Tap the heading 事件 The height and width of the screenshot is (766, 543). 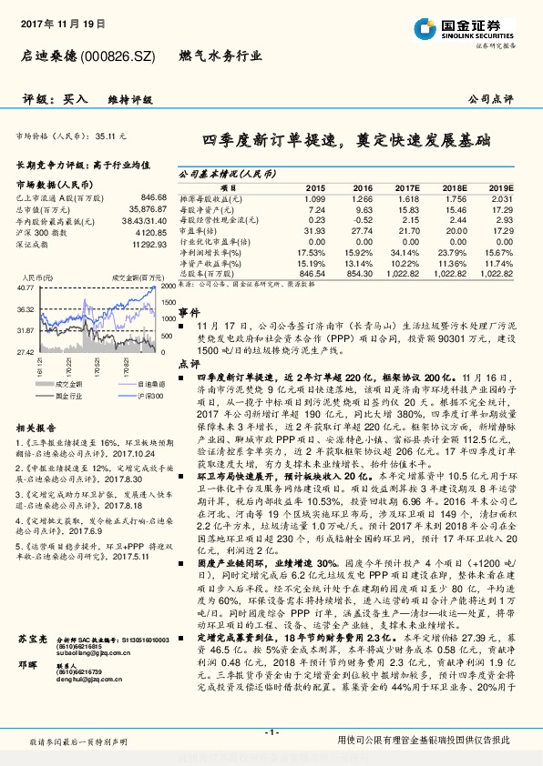[x=188, y=310]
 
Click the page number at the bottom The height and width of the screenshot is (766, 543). [x=271, y=731]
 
